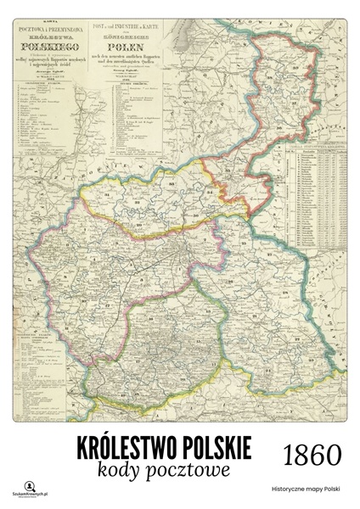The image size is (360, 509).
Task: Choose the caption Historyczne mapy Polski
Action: pos(306,489)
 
